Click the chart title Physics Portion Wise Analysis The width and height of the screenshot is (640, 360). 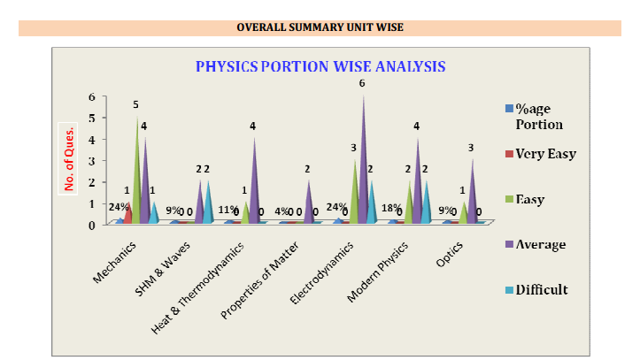(320, 66)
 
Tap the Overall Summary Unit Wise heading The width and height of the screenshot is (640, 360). (320, 28)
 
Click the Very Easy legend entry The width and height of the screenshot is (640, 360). (545, 154)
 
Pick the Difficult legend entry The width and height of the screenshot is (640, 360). (541, 289)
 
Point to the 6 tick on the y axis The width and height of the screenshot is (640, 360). (90, 96)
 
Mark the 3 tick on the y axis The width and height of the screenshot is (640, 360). (90, 160)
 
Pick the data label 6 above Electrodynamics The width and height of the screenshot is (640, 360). (362, 83)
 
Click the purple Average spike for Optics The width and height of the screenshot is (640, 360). (471, 190)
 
